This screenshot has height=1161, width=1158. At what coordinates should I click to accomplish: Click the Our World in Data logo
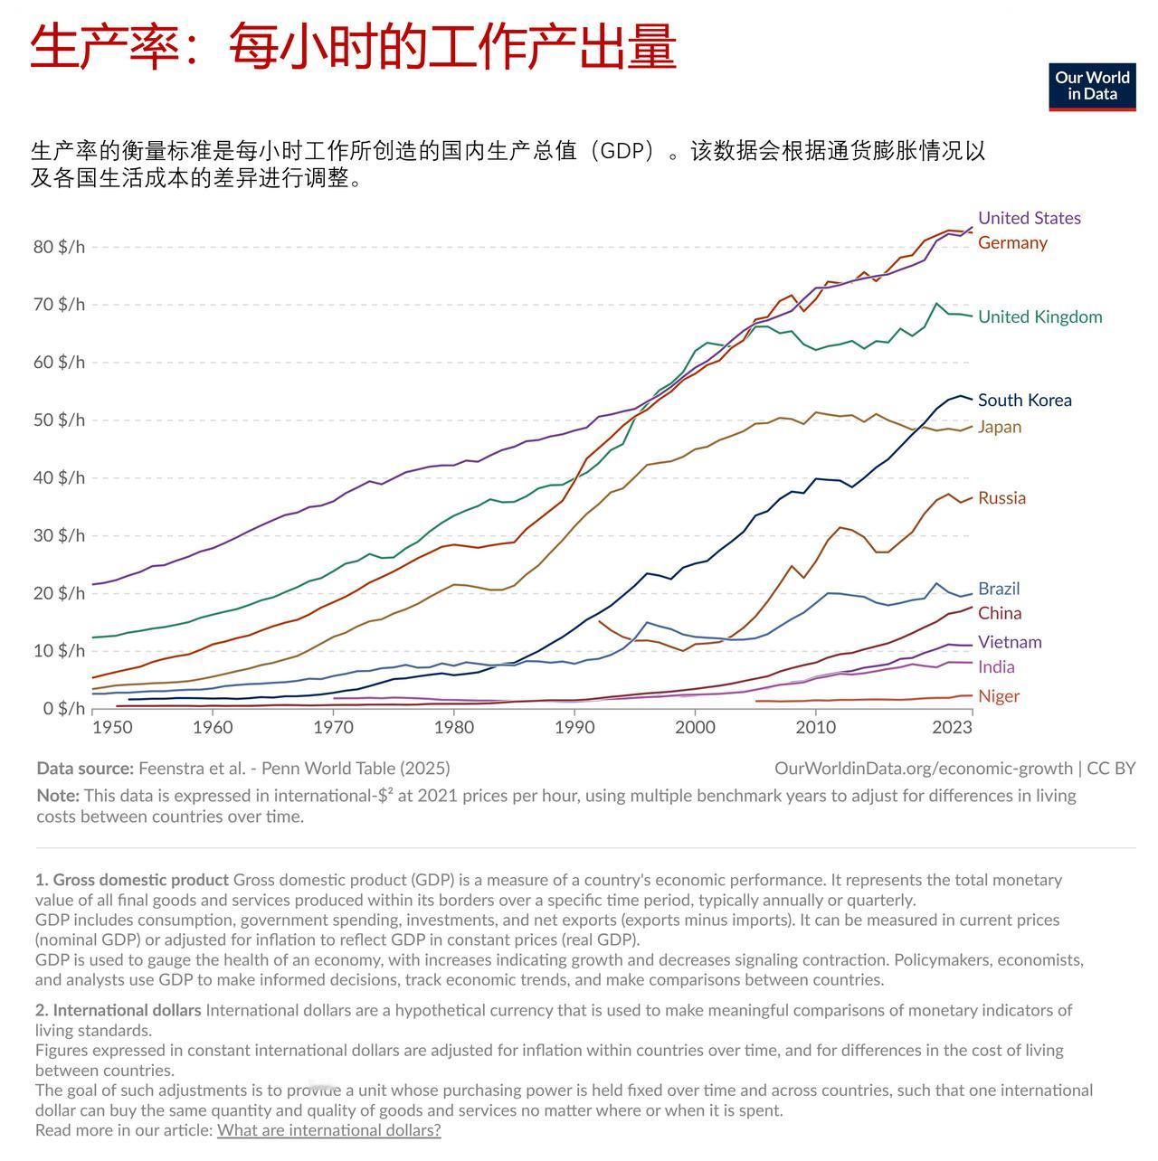pos(1092,87)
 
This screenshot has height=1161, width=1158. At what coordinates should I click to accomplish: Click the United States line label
pos(1029,218)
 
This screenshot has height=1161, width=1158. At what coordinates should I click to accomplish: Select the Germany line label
pos(1012,242)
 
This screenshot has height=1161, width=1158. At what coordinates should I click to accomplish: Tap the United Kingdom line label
pos(1039,316)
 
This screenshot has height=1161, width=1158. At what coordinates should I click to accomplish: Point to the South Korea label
pos(1024,400)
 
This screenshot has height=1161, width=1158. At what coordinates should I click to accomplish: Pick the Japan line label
pos(999,427)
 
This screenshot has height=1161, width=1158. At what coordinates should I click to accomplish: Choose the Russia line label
pos(1001,498)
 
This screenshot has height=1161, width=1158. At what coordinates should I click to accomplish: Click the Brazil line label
pos(998,589)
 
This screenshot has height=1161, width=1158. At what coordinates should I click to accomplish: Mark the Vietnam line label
pos(1010,642)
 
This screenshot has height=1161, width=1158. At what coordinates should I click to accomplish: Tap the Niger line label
pos(998,696)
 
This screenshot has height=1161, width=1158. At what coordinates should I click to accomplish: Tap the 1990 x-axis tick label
pos(574,728)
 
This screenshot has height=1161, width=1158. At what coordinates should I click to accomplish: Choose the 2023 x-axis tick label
pos(952,728)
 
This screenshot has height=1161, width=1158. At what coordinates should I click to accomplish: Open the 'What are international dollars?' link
pos(328,1130)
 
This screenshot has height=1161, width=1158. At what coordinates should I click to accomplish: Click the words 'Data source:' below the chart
pos(85,769)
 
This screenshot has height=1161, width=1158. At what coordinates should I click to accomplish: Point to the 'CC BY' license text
pos(1111,769)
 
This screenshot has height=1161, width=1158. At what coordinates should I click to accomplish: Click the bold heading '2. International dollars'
pos(119,1010)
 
